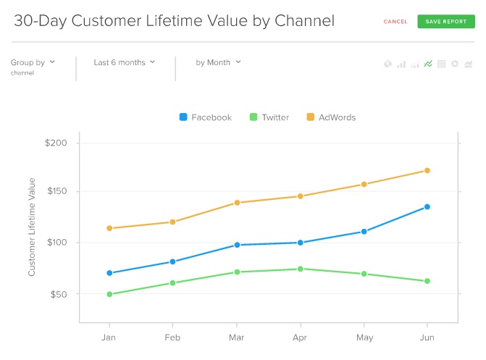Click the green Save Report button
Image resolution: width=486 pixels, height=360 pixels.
(x=445, y=22)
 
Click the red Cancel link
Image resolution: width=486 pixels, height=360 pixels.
(x=395, y=22)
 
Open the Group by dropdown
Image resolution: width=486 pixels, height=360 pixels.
(x=33, y=62)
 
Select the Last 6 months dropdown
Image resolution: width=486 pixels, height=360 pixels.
(x=125, y=62)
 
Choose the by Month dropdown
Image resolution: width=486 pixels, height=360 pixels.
(x=218, y=62)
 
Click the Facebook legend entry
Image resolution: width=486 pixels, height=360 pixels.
(x=206, y=117)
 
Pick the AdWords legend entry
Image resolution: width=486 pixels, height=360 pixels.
(x=331, y=117)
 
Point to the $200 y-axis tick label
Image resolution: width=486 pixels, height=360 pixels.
(x=55, y=143)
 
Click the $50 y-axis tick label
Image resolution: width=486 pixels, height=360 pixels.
(x=57, y=294)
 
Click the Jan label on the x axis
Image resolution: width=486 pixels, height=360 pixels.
(x=109, y=338)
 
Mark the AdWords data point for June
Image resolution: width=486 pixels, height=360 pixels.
(x=427, y=171)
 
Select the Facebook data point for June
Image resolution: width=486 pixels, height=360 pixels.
(x=427, y=207)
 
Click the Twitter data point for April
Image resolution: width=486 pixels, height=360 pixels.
(x=300, y=269)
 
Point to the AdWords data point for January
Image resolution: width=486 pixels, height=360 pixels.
(x=109, y=228)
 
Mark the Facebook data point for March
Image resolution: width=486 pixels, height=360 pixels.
(x=237, y=245)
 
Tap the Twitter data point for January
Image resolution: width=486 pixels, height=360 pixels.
(x=109, y=294)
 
